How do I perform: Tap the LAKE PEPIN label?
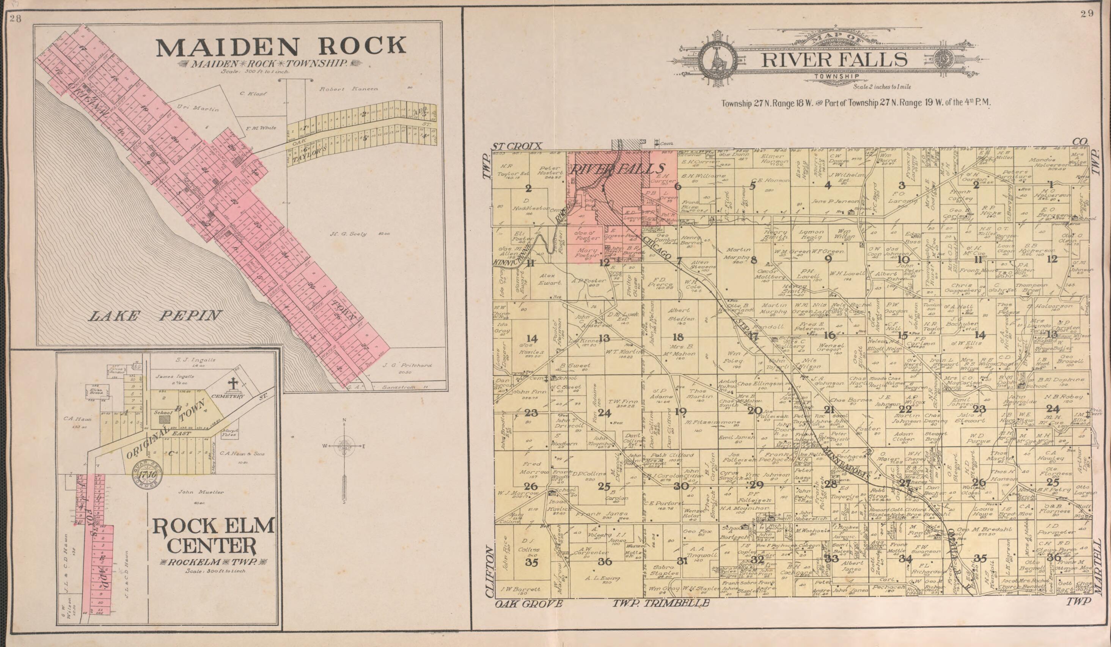155,316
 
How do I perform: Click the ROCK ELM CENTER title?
214,536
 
